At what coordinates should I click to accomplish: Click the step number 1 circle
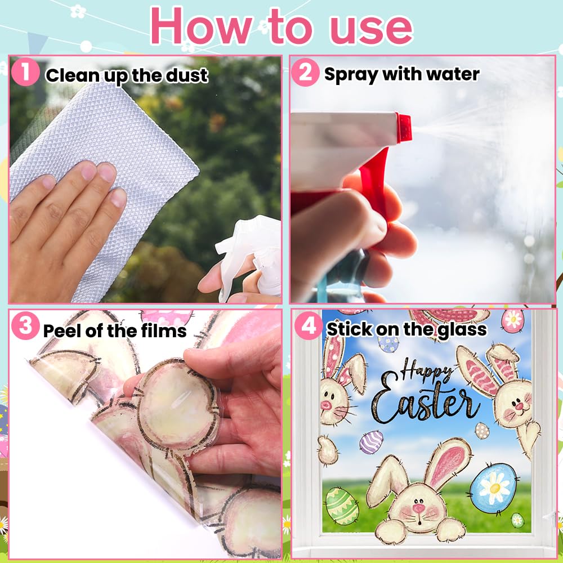pos(25,72)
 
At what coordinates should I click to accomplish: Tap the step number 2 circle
pos(305,72)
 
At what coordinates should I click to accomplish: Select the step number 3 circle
pos(25,326)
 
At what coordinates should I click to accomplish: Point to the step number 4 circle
pos(308,325)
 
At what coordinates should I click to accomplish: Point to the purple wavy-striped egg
pos(371,441)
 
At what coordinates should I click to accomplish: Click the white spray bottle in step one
pos(248,259)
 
